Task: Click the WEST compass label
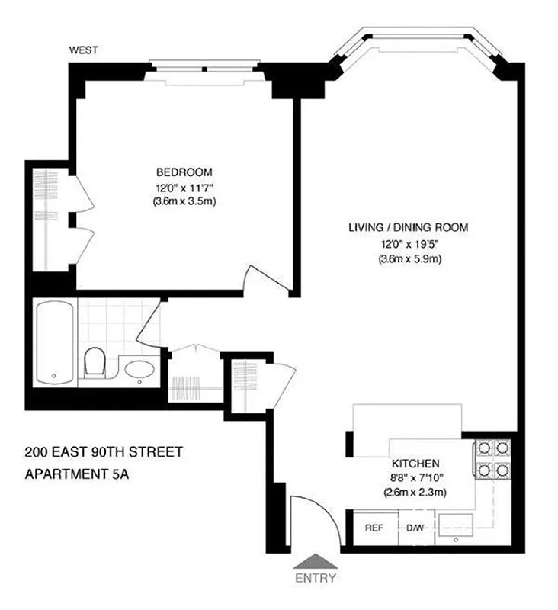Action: coord(83,51)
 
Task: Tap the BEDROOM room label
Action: coord(184,172)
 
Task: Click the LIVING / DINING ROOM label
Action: coord(408,227)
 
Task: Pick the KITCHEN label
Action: coord(415,463)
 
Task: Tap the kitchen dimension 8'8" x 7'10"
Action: coord(415,477)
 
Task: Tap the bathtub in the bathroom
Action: coord(55,342)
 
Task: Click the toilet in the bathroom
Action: coord(95,363)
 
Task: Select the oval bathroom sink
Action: coord(139,371)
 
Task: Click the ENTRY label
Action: coord(316,578)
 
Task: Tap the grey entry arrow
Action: coord(316,562)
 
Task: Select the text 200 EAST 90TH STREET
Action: coord(103,452)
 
